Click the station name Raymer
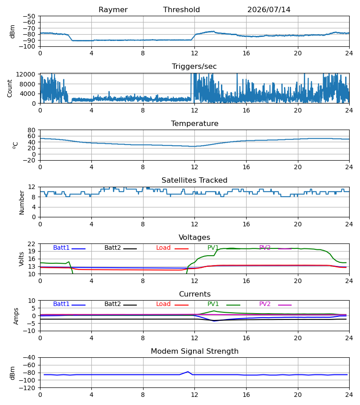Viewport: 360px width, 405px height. click(x=113, y=10)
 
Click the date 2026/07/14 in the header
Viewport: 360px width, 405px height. click(x=269, y=10)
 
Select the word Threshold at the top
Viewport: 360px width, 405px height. click(x=181, y=10)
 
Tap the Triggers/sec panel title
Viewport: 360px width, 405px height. click(x=194, y=67)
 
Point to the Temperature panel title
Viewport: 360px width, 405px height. click(x=194, y=123)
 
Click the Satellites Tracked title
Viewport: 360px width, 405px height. click(x=194, y=180)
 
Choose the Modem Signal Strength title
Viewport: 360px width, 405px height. click(x=194, y=351)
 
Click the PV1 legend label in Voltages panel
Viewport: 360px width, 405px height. click(x=213, y=247)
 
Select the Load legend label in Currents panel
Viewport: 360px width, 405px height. click(x=163, y=304)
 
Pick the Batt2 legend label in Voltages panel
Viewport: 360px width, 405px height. click(x=112, y=247)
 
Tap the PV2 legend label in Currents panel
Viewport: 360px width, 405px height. click(x=265, y=304)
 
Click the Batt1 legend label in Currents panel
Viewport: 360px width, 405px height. click(x=61, y=304)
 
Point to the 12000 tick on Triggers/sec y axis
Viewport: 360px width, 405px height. click(x=26, y=74)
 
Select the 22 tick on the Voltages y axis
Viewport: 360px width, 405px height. click(x=31, y=244)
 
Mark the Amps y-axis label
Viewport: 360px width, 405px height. click(x=16, y=316)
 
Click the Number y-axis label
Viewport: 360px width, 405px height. click(x=22, y=202)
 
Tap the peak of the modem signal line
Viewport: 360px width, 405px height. click(x=188, y=372)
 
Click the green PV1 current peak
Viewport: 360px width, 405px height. click(x=214, y=311)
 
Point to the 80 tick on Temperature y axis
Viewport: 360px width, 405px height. click(x=31, y=130)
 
